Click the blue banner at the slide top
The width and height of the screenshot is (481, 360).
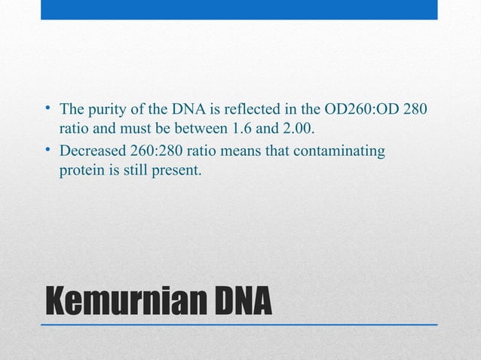pyautogui.click(x=239, y=9)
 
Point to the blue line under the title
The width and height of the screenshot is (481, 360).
pyautogui.click(x=240, y=324)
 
